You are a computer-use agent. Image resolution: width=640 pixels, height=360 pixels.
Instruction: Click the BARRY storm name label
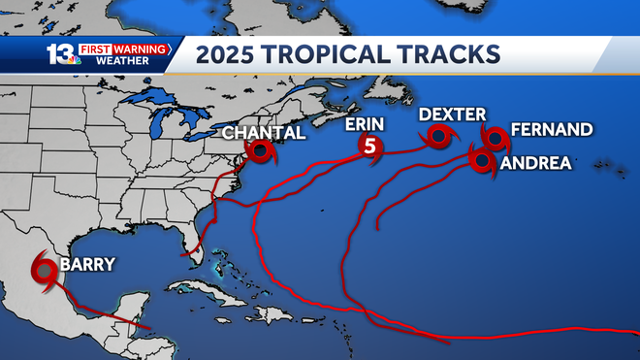pyautogui.click(x=88, y=264)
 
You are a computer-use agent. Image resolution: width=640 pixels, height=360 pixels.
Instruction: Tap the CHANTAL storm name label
pyautogui.click(x=264, y=133)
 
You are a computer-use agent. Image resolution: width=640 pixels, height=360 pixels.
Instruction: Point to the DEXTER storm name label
pyautogui.click(x=452, y=115)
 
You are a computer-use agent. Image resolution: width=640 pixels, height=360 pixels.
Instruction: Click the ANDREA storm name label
pyautogui.click(x=535, y=164)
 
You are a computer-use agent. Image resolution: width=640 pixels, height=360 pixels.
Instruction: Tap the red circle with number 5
pyautogui.click(x=369, y=147)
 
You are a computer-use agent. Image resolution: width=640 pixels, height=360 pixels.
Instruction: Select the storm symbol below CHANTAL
pyautogui.click(x=260, y=152)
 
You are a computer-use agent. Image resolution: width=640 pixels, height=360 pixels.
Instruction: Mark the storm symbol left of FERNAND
pyautogui.click(x=495, y=139)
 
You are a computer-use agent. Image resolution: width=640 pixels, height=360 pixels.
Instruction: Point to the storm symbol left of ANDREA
pyautogui.click(x=482, y=160)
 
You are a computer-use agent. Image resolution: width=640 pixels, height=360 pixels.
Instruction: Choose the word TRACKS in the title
pyautogui.click(x=452, y=54)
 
